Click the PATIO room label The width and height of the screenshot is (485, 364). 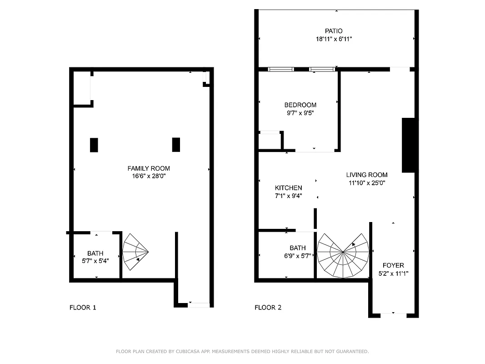pyautogui.click(x=334, y=31)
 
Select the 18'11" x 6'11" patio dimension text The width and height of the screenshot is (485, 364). pyautogui.click(x=334, y=39)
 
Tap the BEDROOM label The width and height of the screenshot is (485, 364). pyautogui.click(x=300, y=105)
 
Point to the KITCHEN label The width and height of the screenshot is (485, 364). pyautogui.click(x=288, y=188)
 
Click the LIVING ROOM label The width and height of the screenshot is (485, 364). pyautogui.click(x=367, y=175)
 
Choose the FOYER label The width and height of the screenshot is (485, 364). pyautogui.click(x=393, y=265)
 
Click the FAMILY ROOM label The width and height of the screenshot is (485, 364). pyautogui.click(x=148, y=168)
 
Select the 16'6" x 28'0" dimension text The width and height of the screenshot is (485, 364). pyautogui.click(x=148, y=176)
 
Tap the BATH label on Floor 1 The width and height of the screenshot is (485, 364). pyautogui.click(x=95, y=253)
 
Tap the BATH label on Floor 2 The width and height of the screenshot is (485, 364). pyautogui.click(x=298, y=248)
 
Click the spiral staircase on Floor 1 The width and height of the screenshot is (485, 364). pyautogui.click(x=135, y=253)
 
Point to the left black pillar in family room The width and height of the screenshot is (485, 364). pyautogui.click(x=94, y=145)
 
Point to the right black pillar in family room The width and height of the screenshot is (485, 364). pyautogui.click(x=176, y=145)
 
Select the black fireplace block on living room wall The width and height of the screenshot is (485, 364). pyautogui.click(x=409, y=145)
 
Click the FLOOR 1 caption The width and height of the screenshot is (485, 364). pyautogui.click(x=83, y=308)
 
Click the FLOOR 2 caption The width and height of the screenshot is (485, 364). pyautogui.click(x=268, y=308)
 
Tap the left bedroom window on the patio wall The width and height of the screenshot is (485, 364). pyautogui.click(x=280, y=70)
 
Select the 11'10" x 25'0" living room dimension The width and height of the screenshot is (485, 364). pyautogui.click(x=367, y=183)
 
